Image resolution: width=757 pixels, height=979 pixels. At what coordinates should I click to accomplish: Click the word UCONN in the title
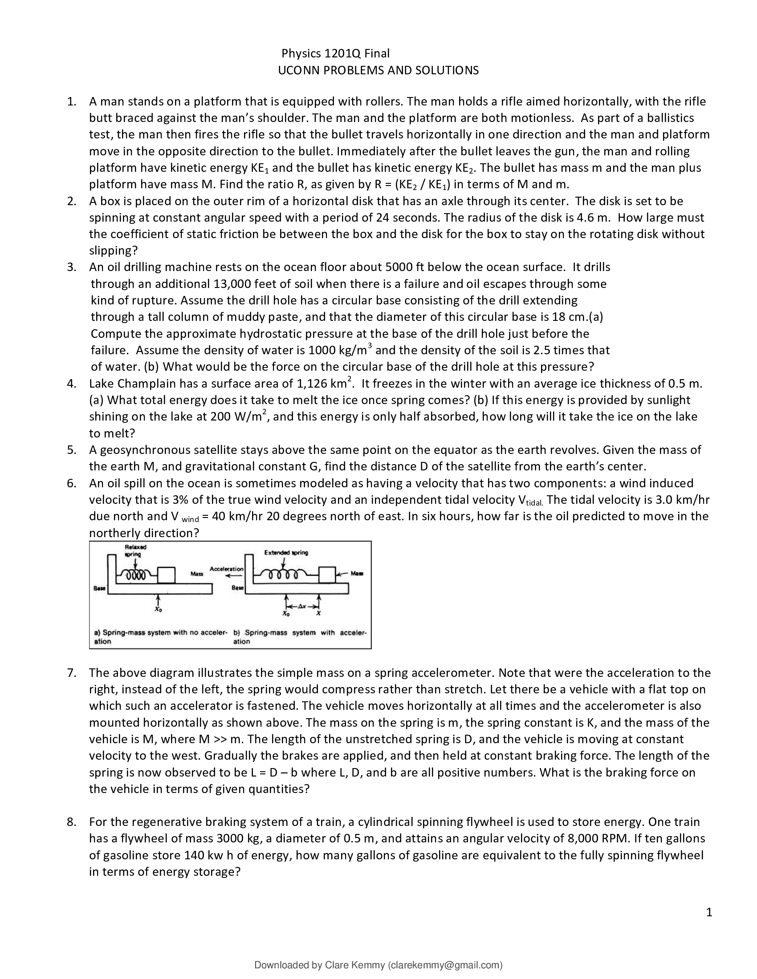pyautogui.click(x=297, y=70)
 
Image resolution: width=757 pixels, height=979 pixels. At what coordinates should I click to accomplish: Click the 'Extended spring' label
pyautogui.click(x=286, y=552)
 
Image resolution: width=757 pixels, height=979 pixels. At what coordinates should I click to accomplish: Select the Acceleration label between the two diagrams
pyautogui.click(x=227, y=568)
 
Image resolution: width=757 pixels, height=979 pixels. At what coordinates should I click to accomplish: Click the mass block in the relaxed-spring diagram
pyautogui.click(x=166, y=574)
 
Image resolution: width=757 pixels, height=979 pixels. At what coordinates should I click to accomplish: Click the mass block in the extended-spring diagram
pyautogui.click(x=327, y=574)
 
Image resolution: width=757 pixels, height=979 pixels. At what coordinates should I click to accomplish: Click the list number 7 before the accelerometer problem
pyautogui.click(x=71, y=672)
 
